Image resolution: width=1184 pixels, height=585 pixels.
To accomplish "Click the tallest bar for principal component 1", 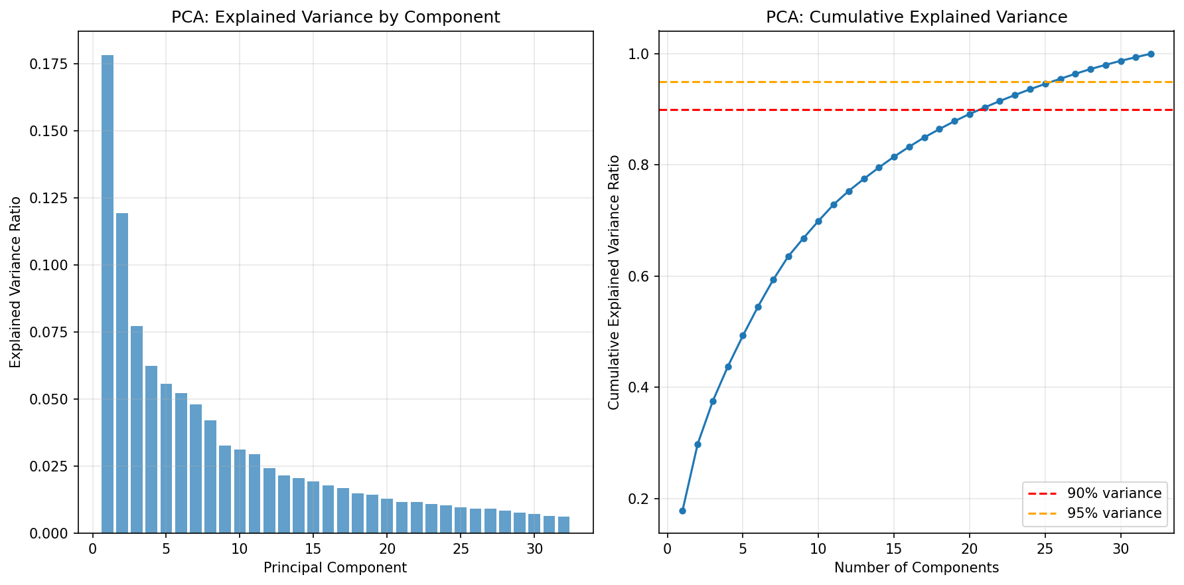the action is point(107,294).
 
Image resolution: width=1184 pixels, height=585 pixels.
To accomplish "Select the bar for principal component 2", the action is point(122,373).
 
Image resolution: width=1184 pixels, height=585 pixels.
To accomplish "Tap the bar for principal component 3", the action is point(137,430).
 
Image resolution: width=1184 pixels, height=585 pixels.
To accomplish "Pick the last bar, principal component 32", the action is point(563,525).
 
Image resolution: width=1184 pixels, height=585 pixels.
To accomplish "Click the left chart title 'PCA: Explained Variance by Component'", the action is point(336,17).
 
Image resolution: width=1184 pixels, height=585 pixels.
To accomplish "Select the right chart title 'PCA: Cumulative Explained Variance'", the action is point(917,17).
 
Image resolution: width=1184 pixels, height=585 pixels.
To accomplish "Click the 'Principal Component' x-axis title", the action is point(335,568).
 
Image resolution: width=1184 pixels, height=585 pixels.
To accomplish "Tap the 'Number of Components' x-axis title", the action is point(917,568).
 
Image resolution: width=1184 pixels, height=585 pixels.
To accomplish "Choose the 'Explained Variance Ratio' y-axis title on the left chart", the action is point(16,282).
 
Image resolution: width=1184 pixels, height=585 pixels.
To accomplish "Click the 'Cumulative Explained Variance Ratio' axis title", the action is point(614,282).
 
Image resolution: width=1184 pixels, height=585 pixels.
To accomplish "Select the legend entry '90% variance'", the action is point(1095,493).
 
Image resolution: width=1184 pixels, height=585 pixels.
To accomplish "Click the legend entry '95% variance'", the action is point(1095,513).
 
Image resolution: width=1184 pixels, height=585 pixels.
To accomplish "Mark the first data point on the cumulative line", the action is point(682,511).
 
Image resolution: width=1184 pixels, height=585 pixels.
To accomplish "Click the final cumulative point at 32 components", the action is point(1151,54).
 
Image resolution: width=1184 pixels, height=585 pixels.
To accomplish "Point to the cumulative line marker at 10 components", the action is point(818,221).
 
